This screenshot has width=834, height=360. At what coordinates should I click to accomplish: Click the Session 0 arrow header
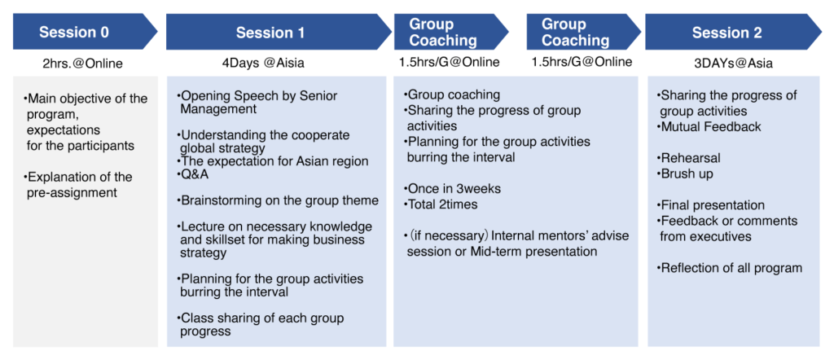85,32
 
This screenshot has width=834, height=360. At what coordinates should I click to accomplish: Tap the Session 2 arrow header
733,32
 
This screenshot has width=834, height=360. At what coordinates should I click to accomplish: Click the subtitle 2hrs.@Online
82,64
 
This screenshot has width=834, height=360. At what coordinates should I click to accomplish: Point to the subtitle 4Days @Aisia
263,63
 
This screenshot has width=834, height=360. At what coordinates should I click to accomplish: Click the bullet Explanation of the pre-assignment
78,185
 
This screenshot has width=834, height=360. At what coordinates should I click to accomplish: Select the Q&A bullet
193,175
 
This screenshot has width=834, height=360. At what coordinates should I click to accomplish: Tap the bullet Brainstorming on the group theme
278,200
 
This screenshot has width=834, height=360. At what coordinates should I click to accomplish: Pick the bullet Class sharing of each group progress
261,324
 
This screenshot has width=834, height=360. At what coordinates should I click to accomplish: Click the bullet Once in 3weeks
451,188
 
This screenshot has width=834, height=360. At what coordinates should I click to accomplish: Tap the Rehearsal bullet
688,158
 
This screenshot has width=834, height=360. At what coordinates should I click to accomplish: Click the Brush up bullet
684,173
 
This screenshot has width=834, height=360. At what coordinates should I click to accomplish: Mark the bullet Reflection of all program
729,267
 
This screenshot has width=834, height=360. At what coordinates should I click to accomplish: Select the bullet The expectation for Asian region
273,160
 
